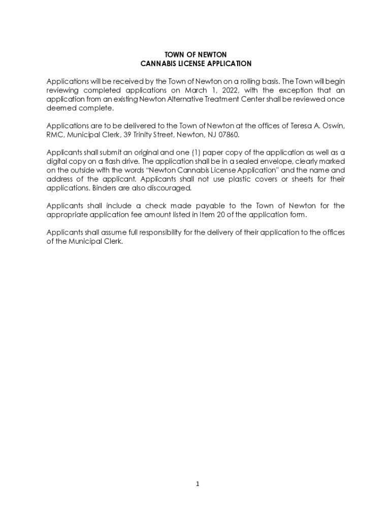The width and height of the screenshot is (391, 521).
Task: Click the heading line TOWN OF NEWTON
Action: point(195,54)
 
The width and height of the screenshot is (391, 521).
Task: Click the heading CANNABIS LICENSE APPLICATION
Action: point(195,64)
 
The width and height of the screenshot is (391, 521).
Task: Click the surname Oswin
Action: point(333,126)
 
